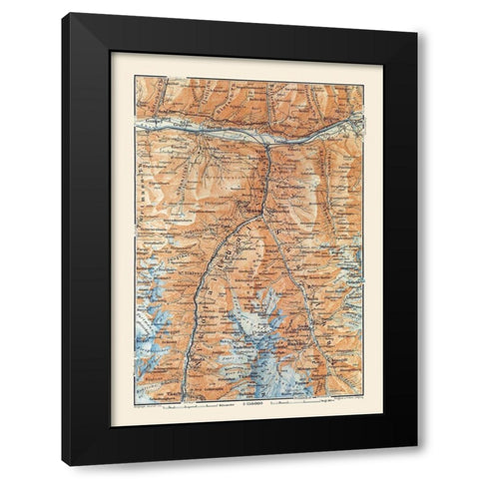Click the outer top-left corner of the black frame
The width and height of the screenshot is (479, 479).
click(64, 14)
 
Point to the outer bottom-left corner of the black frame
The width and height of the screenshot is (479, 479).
click(64, 466)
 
